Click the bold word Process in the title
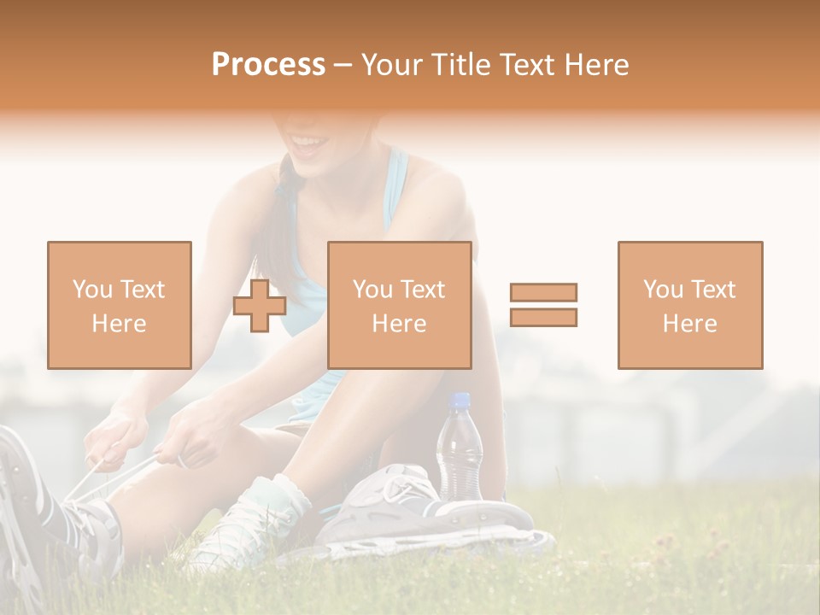click(x=268, y=65)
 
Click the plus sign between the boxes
click(x=260, y=306)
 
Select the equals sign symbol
click(x=543, y=305)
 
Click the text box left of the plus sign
click(x=120, y=305)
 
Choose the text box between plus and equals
click(x=399, y=305)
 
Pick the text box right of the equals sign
click(x=690, y=305)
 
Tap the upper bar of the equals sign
click(x=543, y=293)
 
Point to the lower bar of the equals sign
click(x=543, y=317)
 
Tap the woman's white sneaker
click(x=248, y=521)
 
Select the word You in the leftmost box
click(x=91, y=290)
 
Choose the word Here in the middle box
click(x=399, y=323)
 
